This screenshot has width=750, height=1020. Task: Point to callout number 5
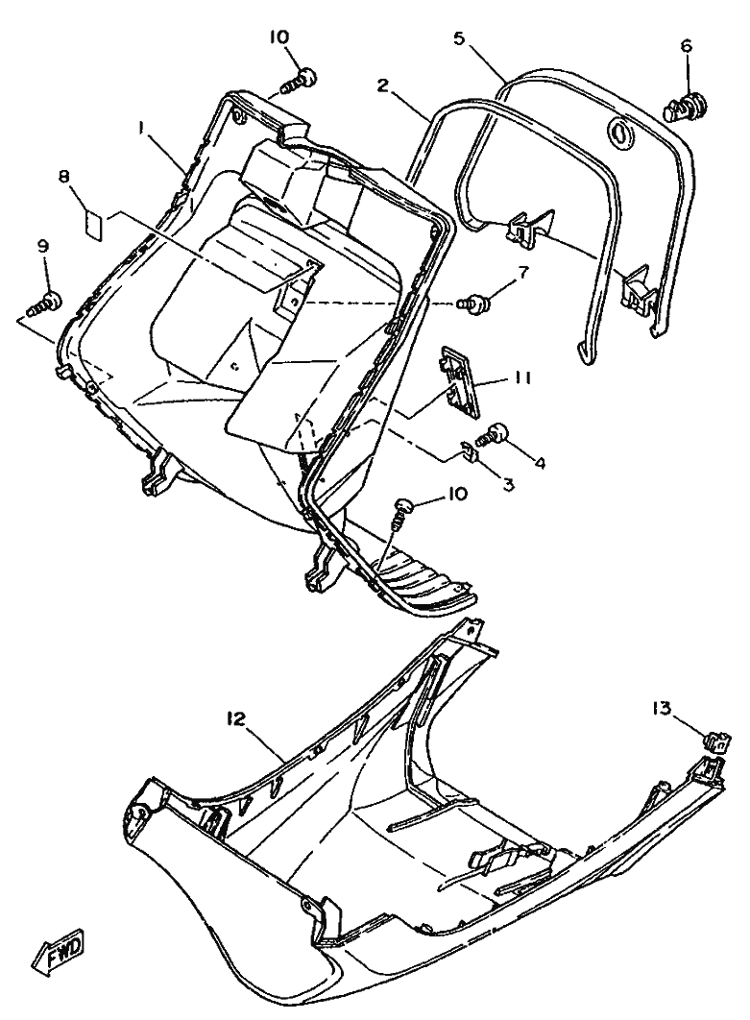460,39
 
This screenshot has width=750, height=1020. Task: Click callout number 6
685,45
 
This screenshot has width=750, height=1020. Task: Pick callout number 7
522,273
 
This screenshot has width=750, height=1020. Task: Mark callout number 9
43,246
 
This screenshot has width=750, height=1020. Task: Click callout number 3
507,485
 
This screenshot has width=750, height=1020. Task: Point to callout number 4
540,463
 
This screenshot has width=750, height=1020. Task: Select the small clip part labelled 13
716,740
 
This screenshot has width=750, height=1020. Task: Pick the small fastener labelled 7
475,304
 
